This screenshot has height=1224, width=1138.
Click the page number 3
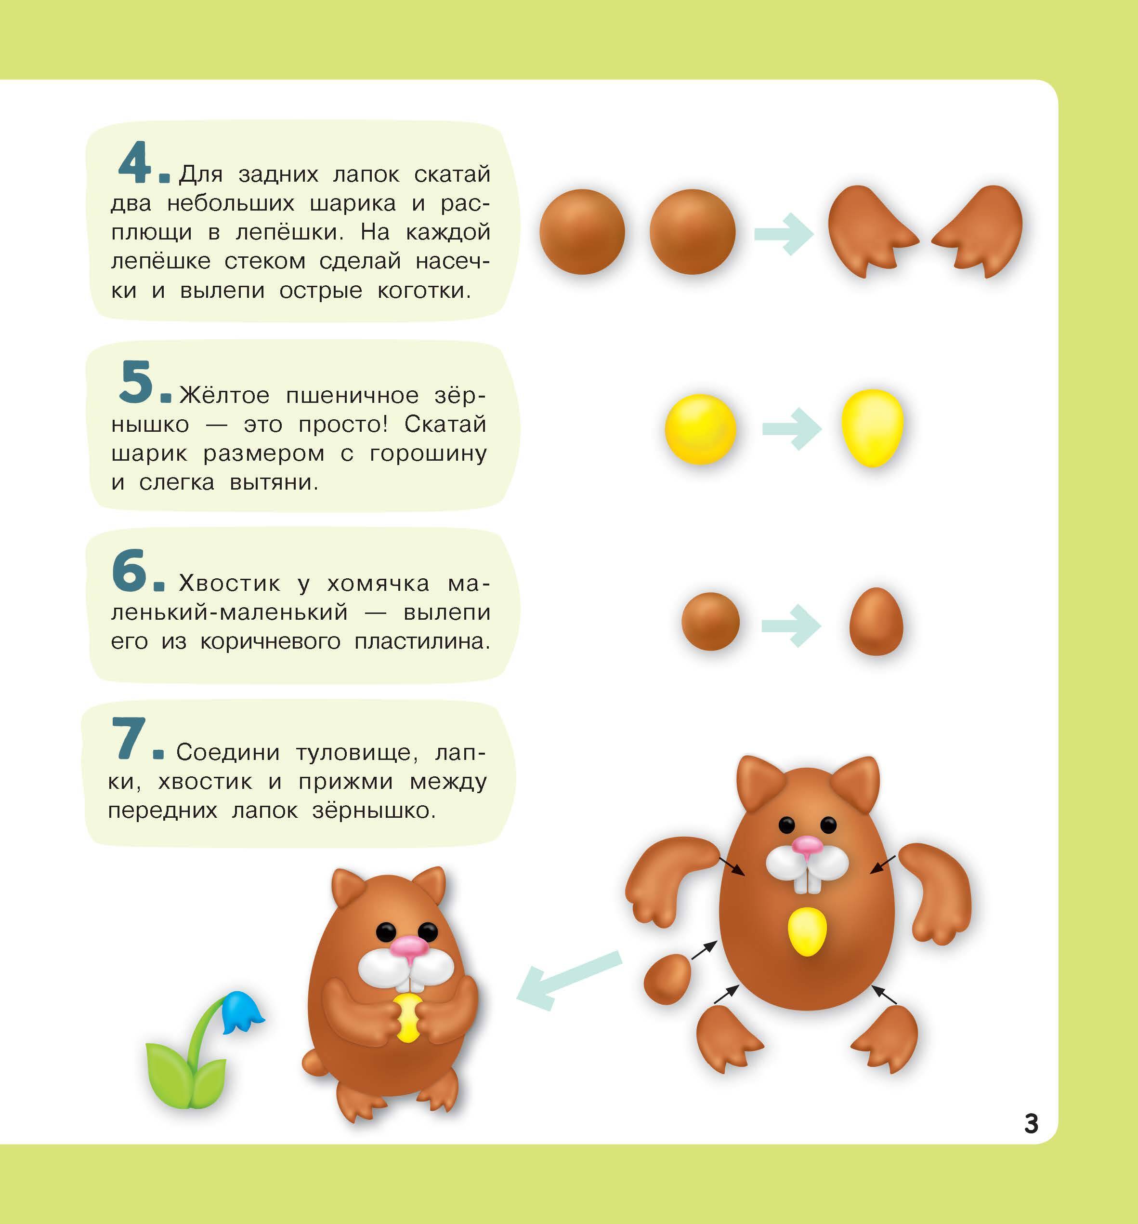1031,1124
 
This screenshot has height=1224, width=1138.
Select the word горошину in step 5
428,454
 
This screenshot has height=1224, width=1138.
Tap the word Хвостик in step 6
229,583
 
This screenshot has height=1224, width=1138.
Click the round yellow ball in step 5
700,429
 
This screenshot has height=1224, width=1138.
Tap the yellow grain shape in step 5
872,427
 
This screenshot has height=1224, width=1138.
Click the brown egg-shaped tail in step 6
876,621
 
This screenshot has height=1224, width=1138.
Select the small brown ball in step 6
710,621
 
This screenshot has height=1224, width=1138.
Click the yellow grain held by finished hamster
407,1017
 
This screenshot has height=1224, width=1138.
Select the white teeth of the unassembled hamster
807,882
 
